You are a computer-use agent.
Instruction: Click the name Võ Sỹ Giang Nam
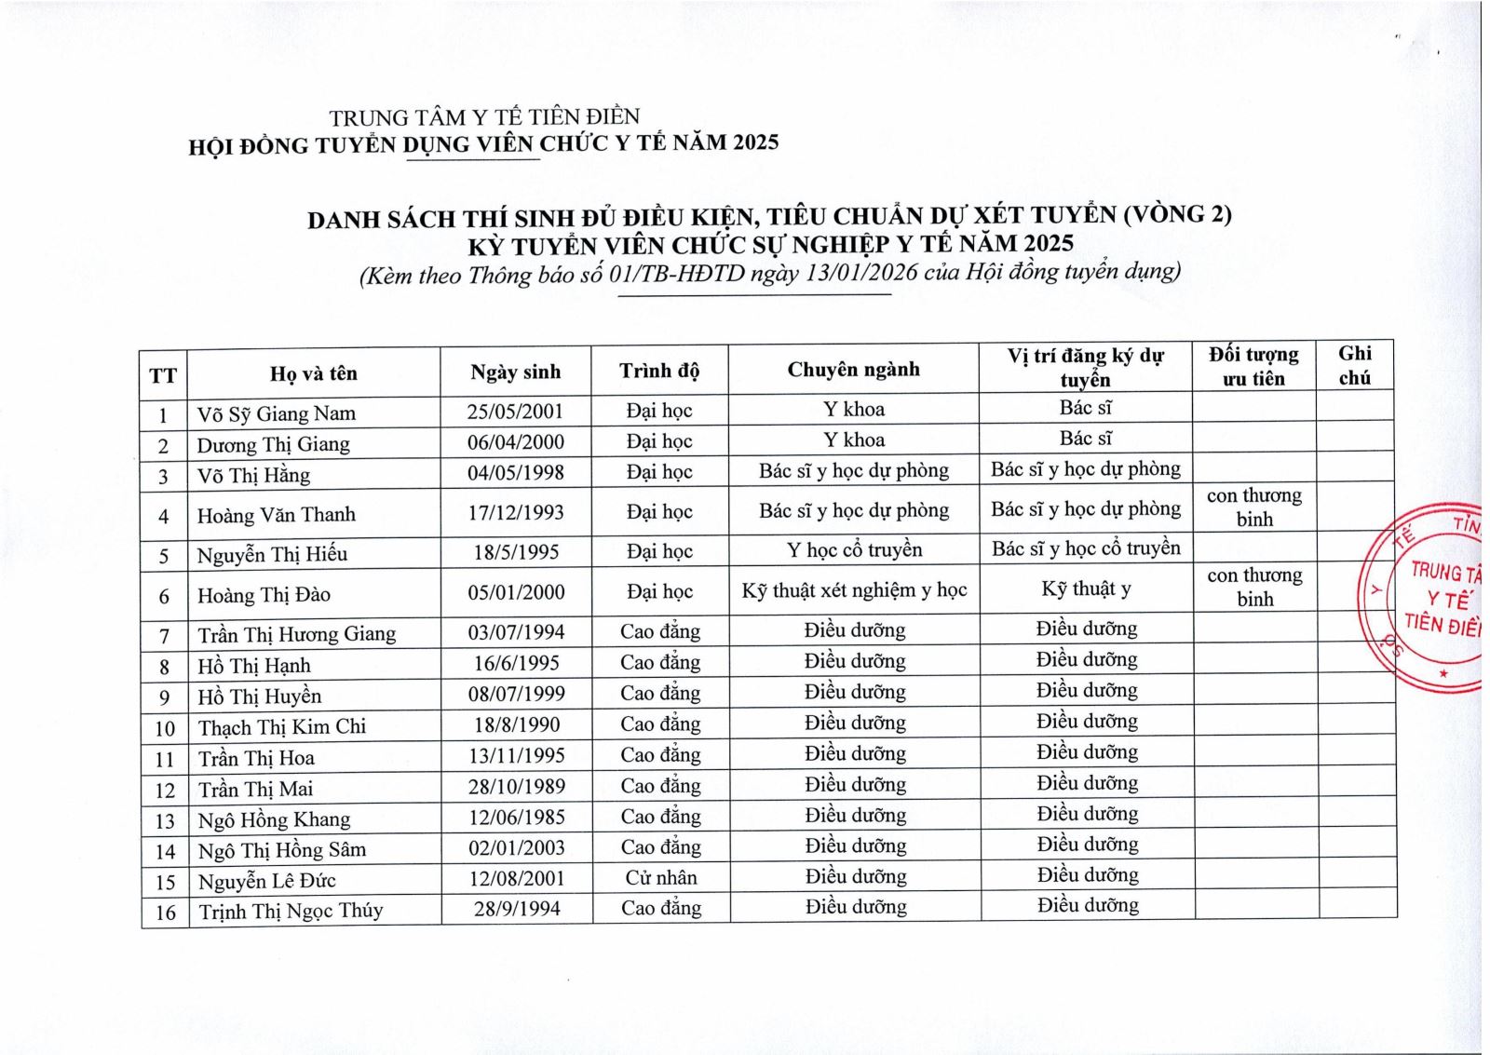coord(276,413)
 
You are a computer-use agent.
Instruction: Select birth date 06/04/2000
coord(516,442)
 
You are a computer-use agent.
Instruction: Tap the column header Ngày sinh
coord(516,372)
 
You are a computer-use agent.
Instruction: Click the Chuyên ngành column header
coord(853,370)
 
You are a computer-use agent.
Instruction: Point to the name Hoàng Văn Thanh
coord(276,515)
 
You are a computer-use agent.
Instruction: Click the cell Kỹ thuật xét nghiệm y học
coord(854,590)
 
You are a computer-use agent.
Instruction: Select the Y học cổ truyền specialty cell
coord(854,550)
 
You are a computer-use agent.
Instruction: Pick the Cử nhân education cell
coord(660,878)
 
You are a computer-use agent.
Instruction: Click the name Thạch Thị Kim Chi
coord(282,727)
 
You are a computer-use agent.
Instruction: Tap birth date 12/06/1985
coord(517,817)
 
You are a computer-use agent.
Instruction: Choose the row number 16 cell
coord(165,913)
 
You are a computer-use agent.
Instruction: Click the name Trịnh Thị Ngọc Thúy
coord(291,911)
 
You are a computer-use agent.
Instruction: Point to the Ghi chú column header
coord(1354,365)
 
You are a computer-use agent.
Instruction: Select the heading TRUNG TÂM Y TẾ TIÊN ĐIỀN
coord(484,117)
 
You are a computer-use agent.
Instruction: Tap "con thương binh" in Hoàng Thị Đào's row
coord(1254,587)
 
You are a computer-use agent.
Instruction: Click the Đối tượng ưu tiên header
coord(1253,366)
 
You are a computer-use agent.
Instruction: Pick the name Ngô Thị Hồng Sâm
coord(282,850)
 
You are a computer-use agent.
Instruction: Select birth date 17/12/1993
coord(516,513)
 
